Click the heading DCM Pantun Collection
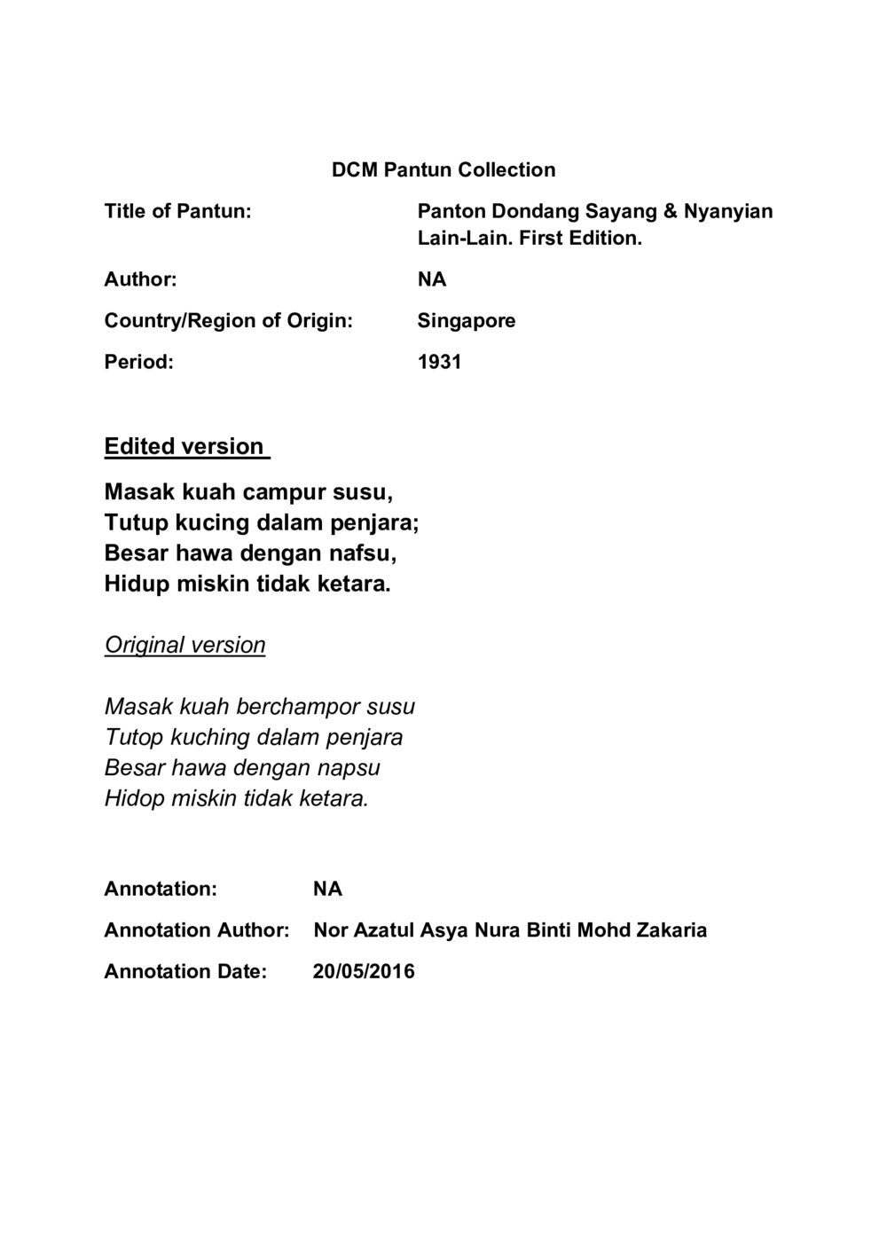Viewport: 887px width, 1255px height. pos(443,169)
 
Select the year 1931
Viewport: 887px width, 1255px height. pos(439,362)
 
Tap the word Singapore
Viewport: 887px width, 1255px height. pos(466,320)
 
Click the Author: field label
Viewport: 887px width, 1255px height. pos(140,279)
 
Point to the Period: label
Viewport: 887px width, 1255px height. pos(138,362)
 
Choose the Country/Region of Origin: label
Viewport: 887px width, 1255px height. pos(228,320)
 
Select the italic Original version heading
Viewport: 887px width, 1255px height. pos(184,645)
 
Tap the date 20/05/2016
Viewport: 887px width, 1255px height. pos(364,971)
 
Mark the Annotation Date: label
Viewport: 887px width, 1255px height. pos(185,971)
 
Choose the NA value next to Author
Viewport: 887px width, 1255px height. pos(432,279)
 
